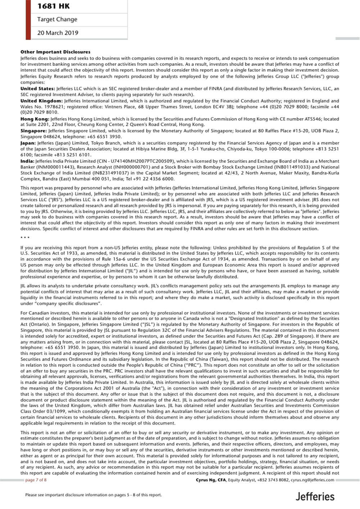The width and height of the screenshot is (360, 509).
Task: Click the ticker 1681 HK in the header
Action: [x=54, y=6]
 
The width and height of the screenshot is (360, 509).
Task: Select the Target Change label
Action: [x=57, y=19]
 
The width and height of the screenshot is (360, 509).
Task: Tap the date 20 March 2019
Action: [x=58, y=33]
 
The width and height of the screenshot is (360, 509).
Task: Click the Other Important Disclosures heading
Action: [x=55, y=52]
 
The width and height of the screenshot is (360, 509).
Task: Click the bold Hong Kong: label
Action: [x=35, y=119]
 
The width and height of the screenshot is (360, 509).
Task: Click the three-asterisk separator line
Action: [x=25, y=238]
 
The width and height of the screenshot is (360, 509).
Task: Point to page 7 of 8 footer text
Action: [x=36, y=480]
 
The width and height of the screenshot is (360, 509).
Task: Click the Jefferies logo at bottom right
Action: [x=315, y=497]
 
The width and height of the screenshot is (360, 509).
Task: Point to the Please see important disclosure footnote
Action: [x=93, y=495]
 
